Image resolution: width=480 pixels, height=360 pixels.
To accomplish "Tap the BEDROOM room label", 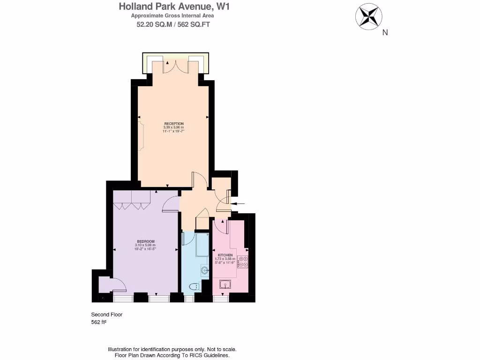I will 145,241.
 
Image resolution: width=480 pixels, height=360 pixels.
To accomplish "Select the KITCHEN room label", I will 225,255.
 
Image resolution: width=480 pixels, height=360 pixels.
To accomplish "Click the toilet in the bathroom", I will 194,286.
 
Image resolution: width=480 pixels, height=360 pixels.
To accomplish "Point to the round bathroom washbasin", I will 205,270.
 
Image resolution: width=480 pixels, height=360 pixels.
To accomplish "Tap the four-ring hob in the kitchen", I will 243,262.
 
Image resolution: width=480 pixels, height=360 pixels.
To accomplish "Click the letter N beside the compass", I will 385,32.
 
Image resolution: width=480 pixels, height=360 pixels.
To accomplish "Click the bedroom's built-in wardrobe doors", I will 132,204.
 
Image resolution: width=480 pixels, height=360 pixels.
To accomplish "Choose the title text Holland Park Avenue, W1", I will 174,7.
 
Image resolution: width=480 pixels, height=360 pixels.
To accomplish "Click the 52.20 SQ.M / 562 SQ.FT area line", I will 173,25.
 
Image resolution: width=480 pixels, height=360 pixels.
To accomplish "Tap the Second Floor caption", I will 106,315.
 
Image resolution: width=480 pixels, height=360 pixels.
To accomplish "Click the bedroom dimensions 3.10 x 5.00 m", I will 145,245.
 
